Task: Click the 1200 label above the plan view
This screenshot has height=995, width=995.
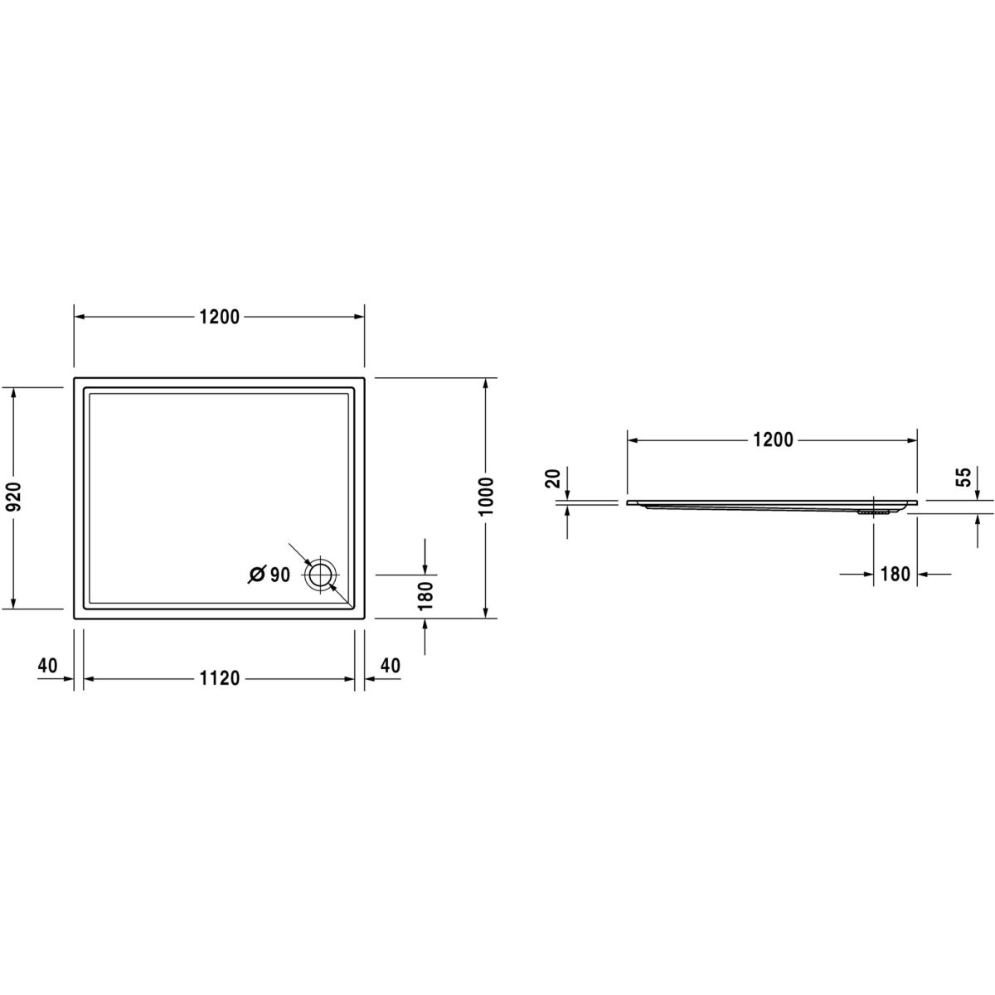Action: click(x=220, y=317)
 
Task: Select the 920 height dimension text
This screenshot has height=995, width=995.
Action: click(x=16, y=497)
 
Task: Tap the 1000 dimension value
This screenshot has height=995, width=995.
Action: click(x=487, y=497)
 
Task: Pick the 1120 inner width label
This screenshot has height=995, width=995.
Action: click(x=220, y=678)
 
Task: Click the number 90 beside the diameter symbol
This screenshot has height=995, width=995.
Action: click(x=280, y=574)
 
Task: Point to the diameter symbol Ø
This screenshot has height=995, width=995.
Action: click(x=256, y=574)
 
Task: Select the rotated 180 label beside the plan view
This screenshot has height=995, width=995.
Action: click(x=426, y=596)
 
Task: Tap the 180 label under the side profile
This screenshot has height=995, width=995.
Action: click(x=895, y=574)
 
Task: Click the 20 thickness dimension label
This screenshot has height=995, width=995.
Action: click(x=552, y=478)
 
